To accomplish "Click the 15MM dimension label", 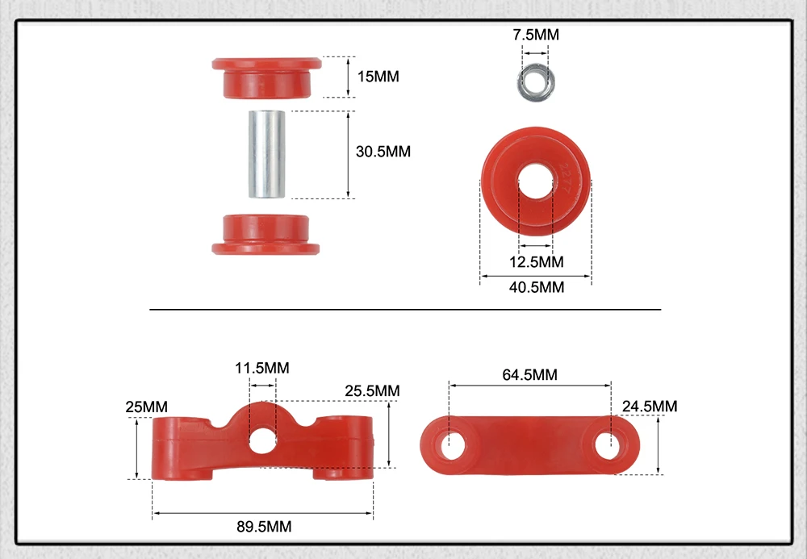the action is coord(378,77).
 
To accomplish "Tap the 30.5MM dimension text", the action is coord(383,152).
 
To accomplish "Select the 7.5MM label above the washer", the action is coord(536,35).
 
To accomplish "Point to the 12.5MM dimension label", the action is coord(537,262).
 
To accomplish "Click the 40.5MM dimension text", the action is coord(537,287).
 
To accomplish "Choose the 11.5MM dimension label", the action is coord(262,368).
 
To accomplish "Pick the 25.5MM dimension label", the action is coord(372,391).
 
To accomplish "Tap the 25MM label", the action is coord(146,407).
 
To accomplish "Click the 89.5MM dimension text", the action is coord(264,527).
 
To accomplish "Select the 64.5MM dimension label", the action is coord(529,374).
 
